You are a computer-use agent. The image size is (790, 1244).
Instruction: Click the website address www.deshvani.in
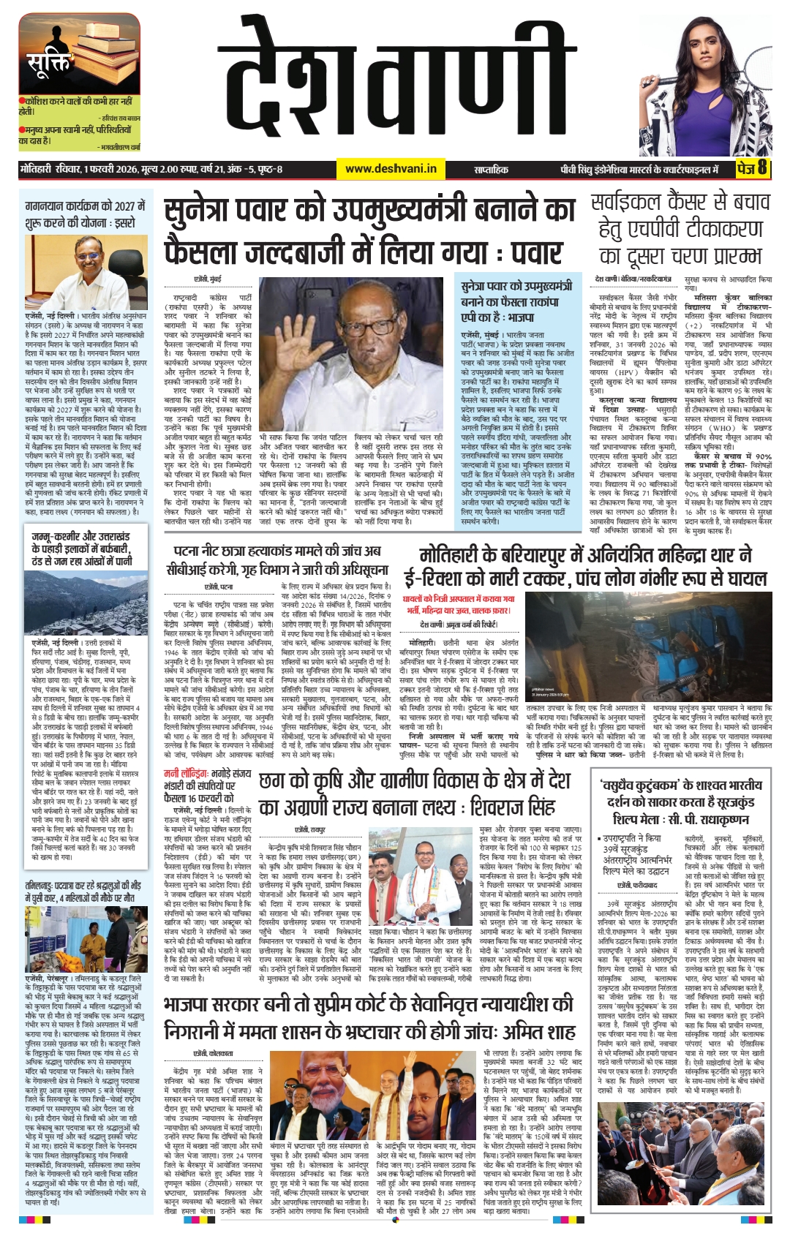[x=391, y=169]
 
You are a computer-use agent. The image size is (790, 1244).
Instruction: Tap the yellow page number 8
[x=761, y=168]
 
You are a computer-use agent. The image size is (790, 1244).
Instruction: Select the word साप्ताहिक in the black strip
[x=491, y=170]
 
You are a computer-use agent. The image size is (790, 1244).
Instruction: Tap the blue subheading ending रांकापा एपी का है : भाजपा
[x=516, y=301]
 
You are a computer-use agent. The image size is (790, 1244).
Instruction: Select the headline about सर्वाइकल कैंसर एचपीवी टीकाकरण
[x=680, y=229]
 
